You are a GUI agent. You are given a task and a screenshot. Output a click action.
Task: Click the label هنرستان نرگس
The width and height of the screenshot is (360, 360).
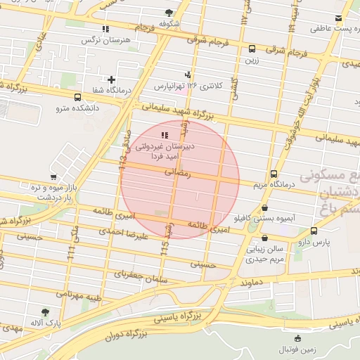[x=107, y=41]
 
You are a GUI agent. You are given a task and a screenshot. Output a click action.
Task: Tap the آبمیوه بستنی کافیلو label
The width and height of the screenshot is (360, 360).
[x=264, y=219]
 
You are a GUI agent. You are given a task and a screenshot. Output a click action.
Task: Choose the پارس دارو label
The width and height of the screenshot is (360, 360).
[x=314, y=241]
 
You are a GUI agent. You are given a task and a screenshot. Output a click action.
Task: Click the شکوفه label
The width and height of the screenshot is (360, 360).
[x=169, y=23]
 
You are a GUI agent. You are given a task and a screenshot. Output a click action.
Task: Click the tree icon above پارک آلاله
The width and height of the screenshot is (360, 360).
[x=46, y=311]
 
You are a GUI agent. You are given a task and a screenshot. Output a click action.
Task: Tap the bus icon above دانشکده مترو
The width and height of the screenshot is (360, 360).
[x=77, y=97]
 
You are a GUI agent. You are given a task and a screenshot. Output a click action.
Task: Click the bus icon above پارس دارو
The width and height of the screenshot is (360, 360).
[x=314, y=230]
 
